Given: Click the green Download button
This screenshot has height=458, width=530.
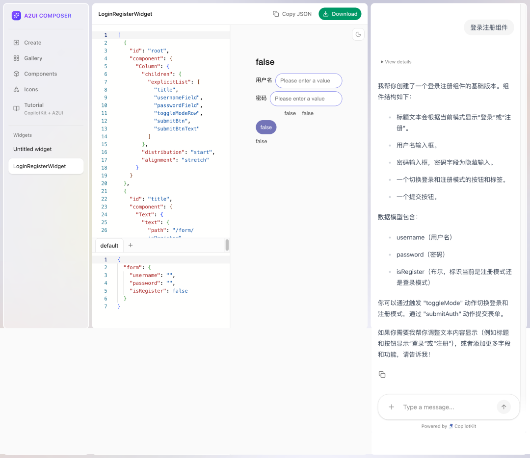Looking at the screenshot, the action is tap(340, 14).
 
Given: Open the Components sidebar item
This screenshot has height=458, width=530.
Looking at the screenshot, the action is tap(35, 74).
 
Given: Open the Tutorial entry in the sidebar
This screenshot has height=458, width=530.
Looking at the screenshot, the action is tap(38, 108).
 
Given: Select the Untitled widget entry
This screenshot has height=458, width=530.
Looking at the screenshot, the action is tap(32, 149).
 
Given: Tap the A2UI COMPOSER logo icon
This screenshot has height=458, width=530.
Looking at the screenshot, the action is tap(16, 16).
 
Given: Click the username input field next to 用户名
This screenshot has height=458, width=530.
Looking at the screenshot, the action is tap(309, 81).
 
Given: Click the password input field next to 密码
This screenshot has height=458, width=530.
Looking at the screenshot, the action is tap(306, 99).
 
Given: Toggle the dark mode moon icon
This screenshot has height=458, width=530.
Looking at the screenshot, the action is tap(358, 34).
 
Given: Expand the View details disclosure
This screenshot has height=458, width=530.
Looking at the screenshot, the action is tap(396, 62).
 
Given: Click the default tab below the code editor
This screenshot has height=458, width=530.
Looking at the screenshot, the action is tap(109, 246).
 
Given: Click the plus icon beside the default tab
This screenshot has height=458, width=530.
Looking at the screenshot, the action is tap(131, 245).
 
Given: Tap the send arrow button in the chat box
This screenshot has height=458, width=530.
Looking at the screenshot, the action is tap(503, 407).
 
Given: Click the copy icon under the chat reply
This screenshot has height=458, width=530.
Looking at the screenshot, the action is tap(382, 375).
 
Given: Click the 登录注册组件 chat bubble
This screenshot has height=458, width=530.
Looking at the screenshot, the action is tap(489, 27).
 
